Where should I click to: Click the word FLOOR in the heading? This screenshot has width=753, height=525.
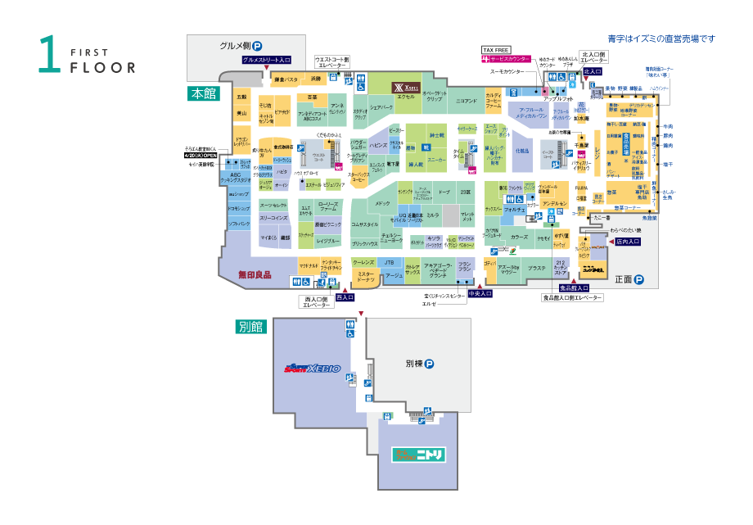102,67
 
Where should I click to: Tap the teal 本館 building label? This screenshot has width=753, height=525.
202,93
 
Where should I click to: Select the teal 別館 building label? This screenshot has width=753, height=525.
251,326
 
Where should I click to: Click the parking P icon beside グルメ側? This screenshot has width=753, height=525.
256,47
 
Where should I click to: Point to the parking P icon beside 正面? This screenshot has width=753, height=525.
639,279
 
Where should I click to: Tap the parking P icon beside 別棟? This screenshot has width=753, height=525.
428,364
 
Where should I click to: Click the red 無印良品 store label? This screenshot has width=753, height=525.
255,275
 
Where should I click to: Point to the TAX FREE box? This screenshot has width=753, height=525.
497,50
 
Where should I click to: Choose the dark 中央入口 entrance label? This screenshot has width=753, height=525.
480,293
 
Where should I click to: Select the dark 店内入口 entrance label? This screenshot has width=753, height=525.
627,242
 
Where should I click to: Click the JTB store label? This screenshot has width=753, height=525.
390,262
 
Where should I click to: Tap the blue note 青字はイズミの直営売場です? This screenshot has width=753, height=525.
661,38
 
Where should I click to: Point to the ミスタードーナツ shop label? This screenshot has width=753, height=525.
365,277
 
